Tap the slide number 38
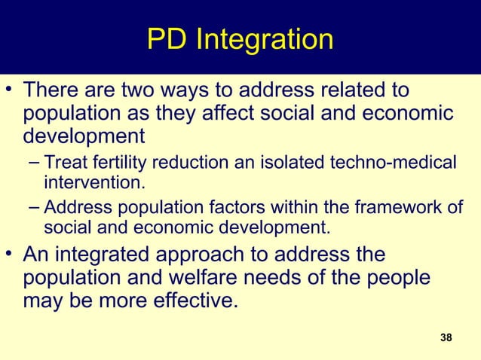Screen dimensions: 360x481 [x=446, y=337]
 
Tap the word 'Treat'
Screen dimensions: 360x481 [x=63, y=163]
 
